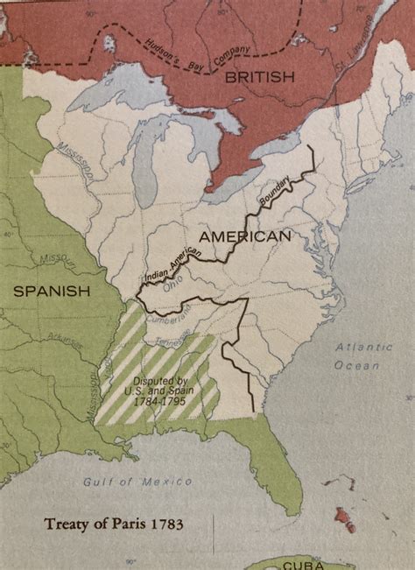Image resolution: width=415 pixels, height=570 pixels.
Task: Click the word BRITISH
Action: pyautogui.click(x=259, y=78)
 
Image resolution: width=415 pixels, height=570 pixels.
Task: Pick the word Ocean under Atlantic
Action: pyautogui.click(x=359, y=366)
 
